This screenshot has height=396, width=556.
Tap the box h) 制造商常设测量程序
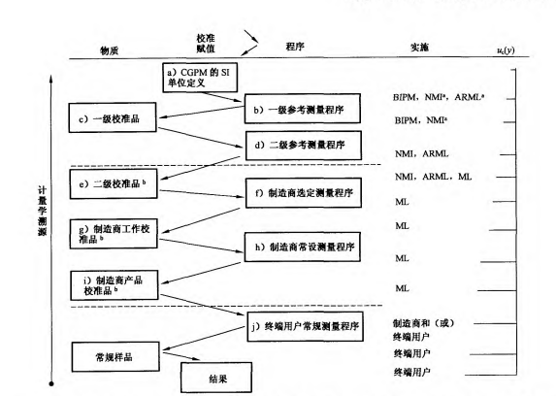pos(295,248)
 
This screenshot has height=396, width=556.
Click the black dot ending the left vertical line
pos(49,384)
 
